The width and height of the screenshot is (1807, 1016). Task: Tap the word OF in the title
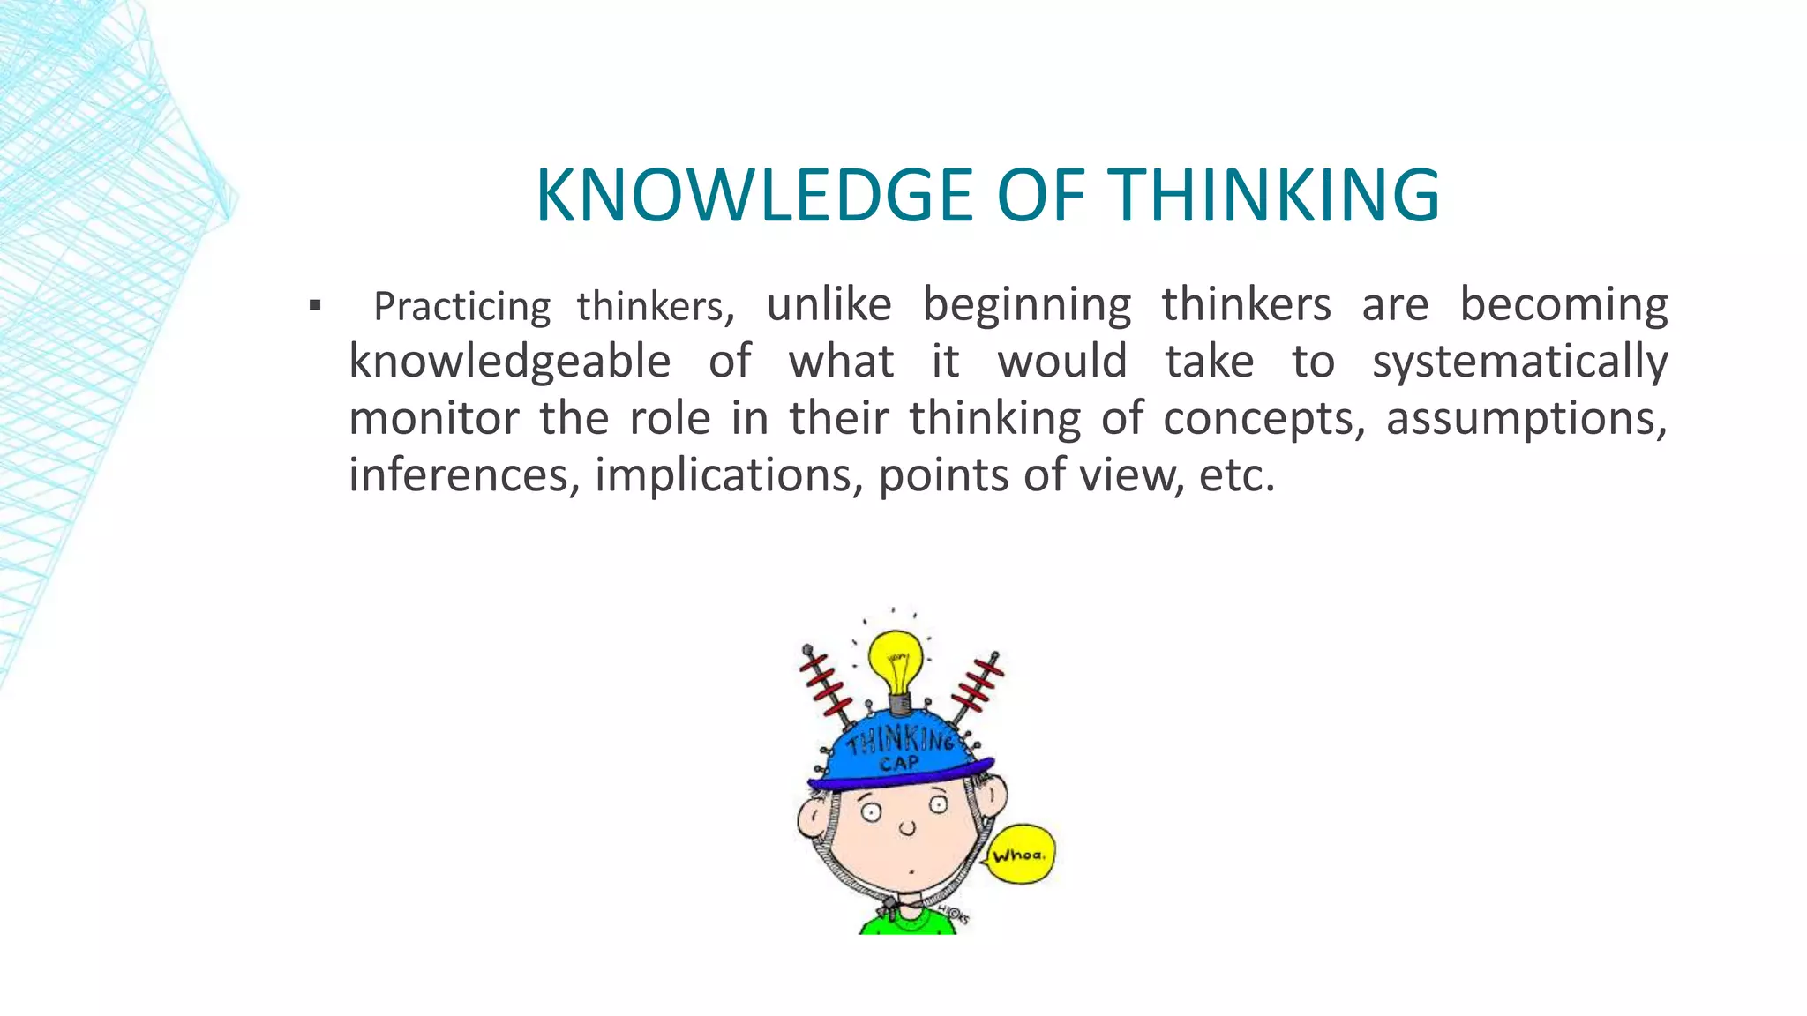[1040, 195]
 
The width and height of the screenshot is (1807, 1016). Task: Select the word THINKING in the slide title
[1273, 195]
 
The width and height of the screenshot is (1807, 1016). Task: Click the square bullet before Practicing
[315, 307]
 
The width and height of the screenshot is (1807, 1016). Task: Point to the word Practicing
[461, 307]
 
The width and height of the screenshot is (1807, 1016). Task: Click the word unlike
[829, 305]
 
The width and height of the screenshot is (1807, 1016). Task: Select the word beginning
[1027, 305]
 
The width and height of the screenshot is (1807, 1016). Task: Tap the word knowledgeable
[510, 362]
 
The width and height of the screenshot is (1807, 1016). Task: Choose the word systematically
[1519, 362]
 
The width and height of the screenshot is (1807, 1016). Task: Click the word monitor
[433, 418]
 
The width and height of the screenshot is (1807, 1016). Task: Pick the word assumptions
[1526, 418]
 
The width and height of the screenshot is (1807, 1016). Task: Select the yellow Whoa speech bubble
[1020, 854]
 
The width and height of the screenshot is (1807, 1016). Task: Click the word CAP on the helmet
[898, 763]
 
